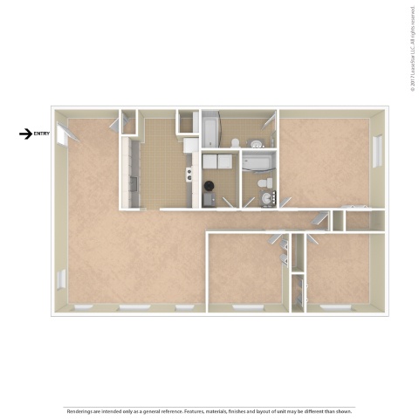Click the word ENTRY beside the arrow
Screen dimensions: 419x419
click(x=43, y=134)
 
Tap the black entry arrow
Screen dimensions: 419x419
click(x=26, y=134)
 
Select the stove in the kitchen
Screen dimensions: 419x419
click(x=187, y=174)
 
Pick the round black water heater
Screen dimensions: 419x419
click(x=210, y=187)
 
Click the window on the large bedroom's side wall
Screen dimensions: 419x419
click(x=377, y=150)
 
